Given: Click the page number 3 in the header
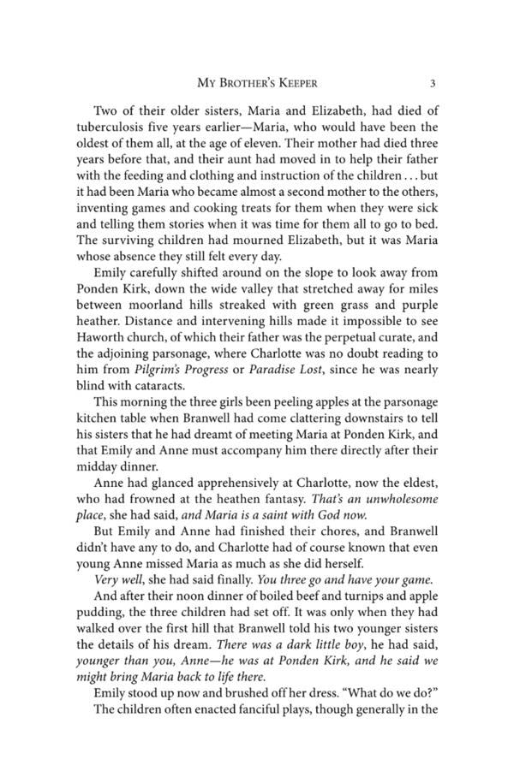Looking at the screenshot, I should point(433,83).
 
